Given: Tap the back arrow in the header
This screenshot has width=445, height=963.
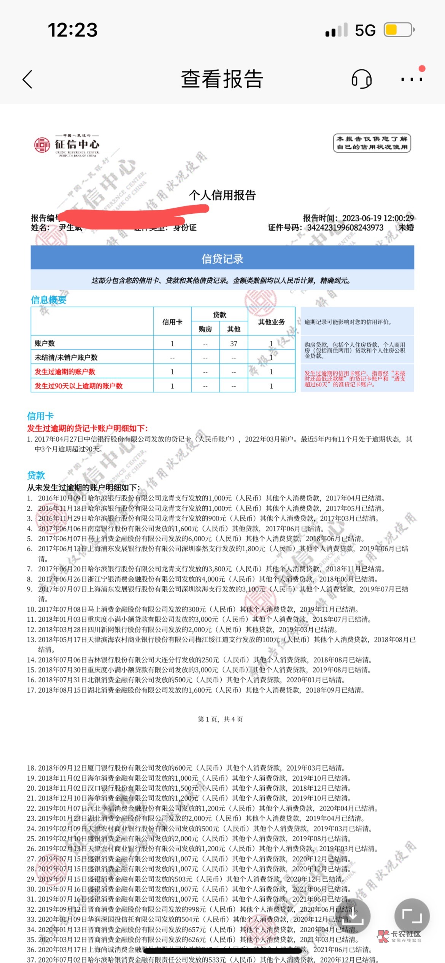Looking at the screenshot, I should [x=27, y=79].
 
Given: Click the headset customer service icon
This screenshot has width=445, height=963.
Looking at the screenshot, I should [x=361, y=79].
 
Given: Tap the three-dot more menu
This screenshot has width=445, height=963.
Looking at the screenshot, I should [x=412, y=79].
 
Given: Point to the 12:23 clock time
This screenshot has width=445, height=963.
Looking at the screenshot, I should [x=73, y=30].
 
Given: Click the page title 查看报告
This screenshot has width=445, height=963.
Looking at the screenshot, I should [x=222, y=79].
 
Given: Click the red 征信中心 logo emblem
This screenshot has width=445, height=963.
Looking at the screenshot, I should [x=42, y=145].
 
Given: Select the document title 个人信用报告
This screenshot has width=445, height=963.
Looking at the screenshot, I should [x=222, y=195].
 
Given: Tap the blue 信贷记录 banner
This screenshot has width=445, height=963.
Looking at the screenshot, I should [x=222, y=259].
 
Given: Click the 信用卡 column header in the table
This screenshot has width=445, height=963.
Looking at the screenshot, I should [x=172, y=322].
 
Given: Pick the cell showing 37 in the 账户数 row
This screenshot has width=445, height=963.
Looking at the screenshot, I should [x=234, y=343].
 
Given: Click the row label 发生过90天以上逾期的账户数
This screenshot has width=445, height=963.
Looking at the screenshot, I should [x=79, y=386].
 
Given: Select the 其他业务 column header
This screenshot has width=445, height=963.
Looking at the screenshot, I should [x=271, y=322].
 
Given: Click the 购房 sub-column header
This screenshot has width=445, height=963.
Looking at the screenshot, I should [x=205, y=329].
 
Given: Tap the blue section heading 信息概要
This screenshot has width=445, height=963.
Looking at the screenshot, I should [x=49, y=300].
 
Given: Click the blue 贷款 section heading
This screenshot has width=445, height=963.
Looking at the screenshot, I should [x=36, y=475].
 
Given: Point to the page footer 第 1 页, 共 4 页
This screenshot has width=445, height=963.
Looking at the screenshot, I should [x=220, y=719].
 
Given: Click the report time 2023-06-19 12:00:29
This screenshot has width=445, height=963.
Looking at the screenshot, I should [x=378, y=218].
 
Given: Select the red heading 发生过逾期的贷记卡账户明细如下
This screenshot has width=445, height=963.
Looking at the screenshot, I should [x=87, y=428].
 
